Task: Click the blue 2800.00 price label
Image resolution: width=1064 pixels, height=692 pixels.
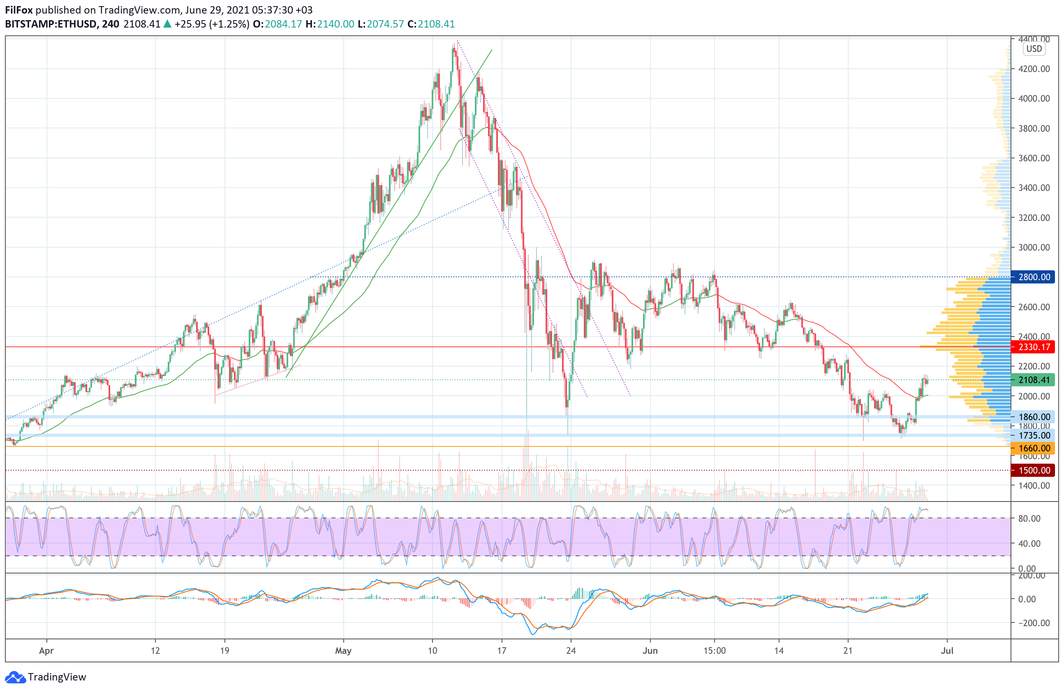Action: coord(1034,277)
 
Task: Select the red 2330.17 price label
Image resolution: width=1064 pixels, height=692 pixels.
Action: coord(1034,347)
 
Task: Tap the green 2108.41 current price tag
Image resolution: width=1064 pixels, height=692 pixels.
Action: coord(1034,380)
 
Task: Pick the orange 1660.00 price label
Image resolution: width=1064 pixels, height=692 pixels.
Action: coord(1034,448)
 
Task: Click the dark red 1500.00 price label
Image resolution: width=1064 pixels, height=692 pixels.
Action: coord(1034,471)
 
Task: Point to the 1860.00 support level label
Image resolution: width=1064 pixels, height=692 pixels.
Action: coord(1034,417)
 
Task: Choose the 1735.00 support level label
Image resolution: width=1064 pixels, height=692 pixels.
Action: coord(1034,436)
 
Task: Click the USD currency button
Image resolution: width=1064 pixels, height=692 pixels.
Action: coord(1034,49)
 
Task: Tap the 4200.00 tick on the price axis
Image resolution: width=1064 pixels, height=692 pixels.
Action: coord(1034,69)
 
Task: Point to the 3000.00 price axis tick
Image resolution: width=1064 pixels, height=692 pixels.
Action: coord(1034,247)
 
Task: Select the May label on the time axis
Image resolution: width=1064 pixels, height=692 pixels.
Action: coord(343,651)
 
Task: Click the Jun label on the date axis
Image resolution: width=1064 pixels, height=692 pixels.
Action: coord(650,651)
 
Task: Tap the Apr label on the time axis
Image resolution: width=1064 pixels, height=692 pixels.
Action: coord(46,651)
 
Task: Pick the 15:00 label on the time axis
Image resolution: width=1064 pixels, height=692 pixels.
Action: coord(715,651)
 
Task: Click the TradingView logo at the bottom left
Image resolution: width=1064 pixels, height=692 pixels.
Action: coord(46,677)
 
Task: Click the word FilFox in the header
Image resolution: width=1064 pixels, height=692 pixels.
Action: coord(19,10)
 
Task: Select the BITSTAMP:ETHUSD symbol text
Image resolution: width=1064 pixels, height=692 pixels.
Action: coord(51,24)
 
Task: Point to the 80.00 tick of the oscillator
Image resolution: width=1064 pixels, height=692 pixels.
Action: coord(1029,518)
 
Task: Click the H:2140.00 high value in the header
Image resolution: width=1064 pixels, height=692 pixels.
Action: coord(330,24)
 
